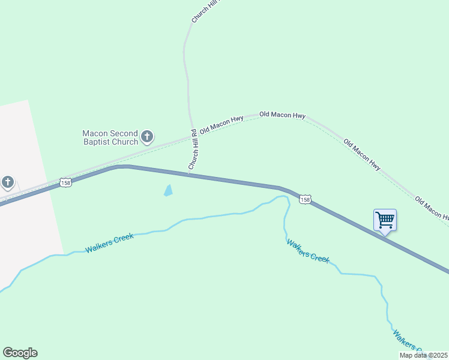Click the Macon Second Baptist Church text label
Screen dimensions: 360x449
pos(110,137)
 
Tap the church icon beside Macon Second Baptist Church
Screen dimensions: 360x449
pos(147,137)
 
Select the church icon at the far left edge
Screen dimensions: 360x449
pos(7,181)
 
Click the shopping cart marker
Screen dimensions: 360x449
pos(385,220)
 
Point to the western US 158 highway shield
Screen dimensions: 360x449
pos(65,182)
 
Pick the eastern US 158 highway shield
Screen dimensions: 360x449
pos(306,199)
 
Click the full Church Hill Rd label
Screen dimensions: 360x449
pos(193,149)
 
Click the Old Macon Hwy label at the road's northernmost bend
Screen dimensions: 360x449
pos(283,115)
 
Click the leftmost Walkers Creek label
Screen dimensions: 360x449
pos(109,243)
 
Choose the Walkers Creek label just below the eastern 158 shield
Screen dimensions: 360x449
pos(308,251)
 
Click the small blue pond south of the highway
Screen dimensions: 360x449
pos(168,191)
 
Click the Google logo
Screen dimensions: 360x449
pos(20,353)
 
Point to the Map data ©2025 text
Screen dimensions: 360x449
pos(424,355)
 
